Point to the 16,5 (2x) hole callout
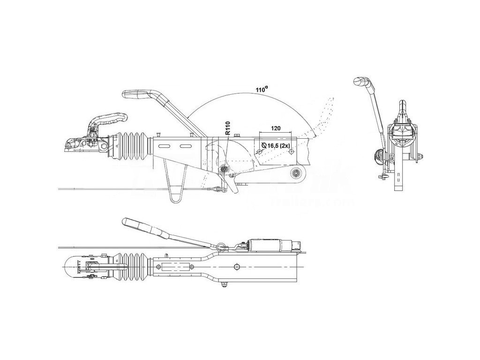point(277,146)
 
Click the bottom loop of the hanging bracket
point(175,199)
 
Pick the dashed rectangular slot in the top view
point(175,267)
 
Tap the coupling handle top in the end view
point(402,105)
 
